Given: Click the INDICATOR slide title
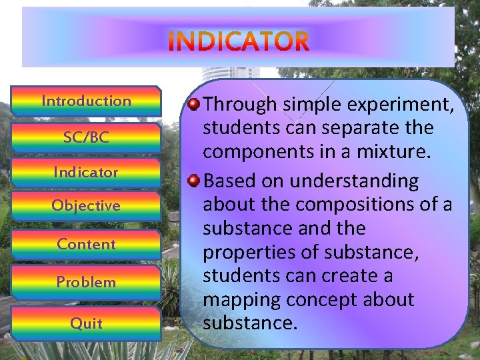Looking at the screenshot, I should [x=239, y=41].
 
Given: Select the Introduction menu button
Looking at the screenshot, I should [x=86, y=101].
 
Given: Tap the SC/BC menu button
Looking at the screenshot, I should [x=86, y=137].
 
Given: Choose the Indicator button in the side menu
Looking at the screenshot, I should [x=86, y=172].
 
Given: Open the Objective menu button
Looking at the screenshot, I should [x=86, y=205].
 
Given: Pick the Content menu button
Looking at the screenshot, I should [x=86, y=244].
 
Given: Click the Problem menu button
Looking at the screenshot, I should [x=86, y=282].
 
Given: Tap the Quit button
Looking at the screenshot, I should [x=86, y=323].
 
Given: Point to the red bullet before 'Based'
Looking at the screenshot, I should [x=193, y=181].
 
